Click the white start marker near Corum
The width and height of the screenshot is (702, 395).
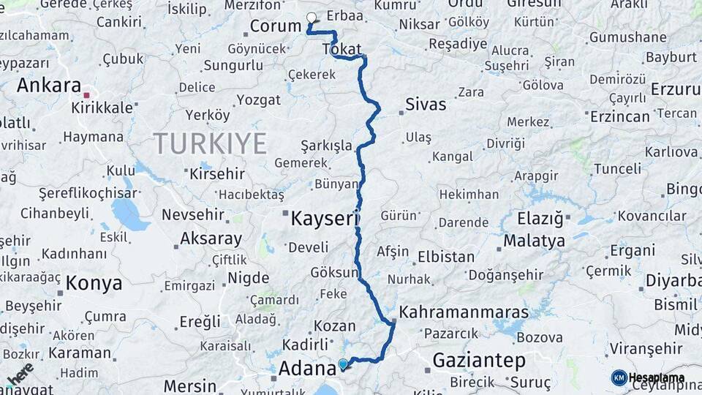[x=312, y=18]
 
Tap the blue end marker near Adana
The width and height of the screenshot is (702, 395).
[x=342, y=364]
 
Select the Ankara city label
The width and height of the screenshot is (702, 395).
[x=48, y=85]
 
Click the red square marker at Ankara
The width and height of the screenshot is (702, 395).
[x=87, y=95]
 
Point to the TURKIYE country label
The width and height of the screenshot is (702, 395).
[x=210, y=143]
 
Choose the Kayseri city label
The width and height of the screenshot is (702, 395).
[x=325, y=218]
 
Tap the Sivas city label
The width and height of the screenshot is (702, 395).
[x=426, y=104]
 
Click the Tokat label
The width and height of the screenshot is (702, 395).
[x=341, y=49]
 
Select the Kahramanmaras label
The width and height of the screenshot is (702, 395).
[x=464, y=312]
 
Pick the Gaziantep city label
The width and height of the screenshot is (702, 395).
[x=479, y=360]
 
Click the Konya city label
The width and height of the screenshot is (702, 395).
[x=94, y=283]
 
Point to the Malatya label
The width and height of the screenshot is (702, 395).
[x=534, y=241]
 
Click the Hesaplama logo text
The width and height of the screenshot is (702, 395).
[x=656, y=377]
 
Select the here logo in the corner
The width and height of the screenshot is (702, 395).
[x=20, y=373]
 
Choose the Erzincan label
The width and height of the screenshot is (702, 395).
[x=619, y=116]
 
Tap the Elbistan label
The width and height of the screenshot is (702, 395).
[x=445, y=257]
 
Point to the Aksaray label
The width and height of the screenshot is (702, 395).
[x=211, y=239]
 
